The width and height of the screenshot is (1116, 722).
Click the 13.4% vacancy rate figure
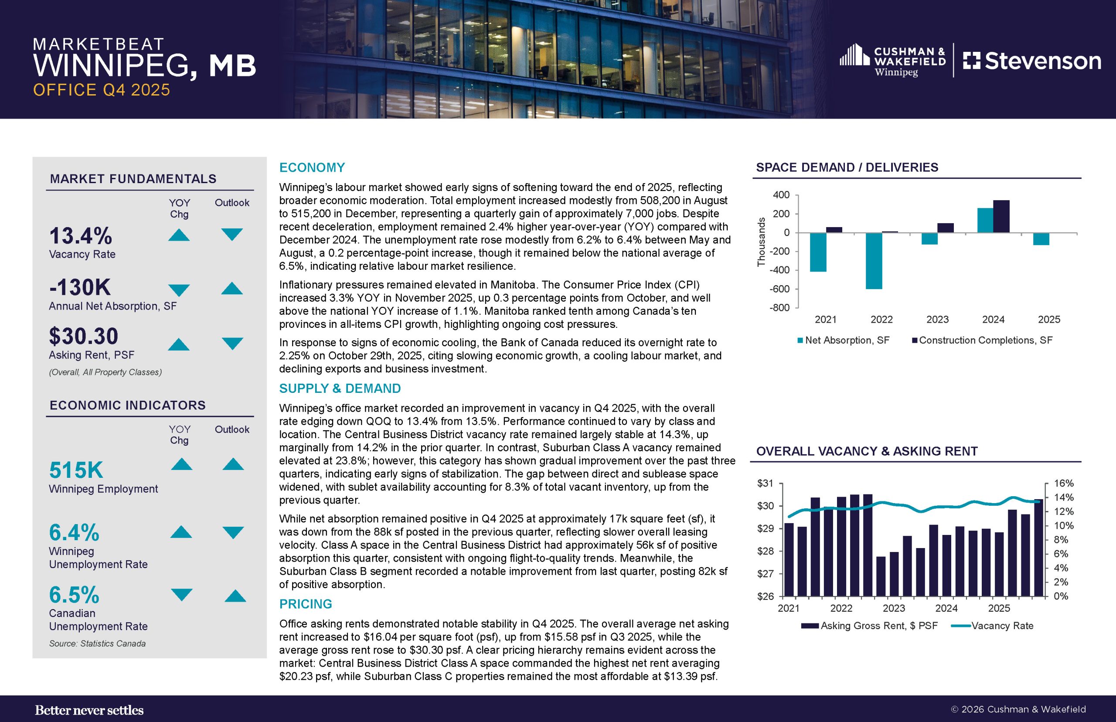[x=81, y=236]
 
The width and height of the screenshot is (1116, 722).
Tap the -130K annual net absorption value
[x=80, y=287]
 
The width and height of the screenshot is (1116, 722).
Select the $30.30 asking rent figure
[x=83, y=336]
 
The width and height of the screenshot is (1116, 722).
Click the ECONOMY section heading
[x=312, y=167]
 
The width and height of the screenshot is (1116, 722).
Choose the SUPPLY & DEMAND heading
[x=340, y=388]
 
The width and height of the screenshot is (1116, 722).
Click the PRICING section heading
[x=306, y=604]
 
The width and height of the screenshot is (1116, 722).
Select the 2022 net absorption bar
[x=874, y=261]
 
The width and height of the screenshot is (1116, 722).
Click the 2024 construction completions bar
[x=1001, y=216]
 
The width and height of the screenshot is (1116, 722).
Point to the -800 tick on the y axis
[x=779, y=308]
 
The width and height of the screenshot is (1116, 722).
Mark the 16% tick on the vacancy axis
[x=1064, y=484]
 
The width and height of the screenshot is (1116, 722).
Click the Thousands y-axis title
[x=761, y=242]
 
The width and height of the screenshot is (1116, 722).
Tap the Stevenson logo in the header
[x=1032, y=61]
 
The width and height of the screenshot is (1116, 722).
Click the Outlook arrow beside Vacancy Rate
[x=231, y=234]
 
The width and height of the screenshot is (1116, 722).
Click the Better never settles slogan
[x=89, y=710]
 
